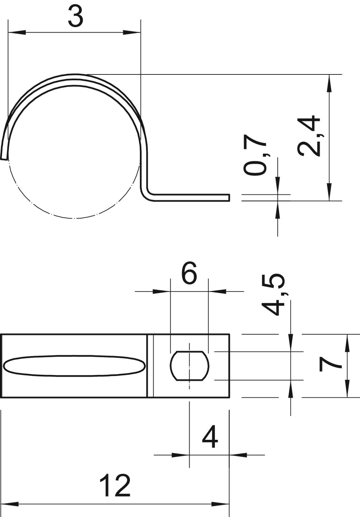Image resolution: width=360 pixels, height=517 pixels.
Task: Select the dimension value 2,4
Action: tap(309, 136)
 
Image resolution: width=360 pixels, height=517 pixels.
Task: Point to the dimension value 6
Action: tap(189, 274)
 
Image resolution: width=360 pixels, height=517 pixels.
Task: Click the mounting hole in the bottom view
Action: tap(189, 366)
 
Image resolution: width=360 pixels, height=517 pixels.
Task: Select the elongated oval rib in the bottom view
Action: tap(75, 366)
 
